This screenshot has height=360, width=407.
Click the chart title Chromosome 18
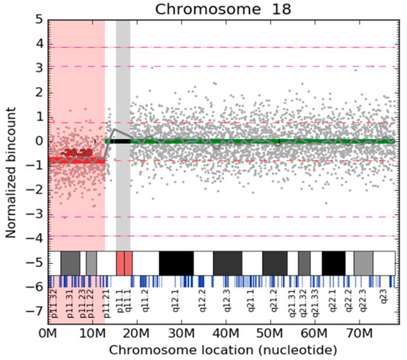223,8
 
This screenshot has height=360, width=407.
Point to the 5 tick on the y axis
38,19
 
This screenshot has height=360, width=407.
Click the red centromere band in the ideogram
124,263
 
